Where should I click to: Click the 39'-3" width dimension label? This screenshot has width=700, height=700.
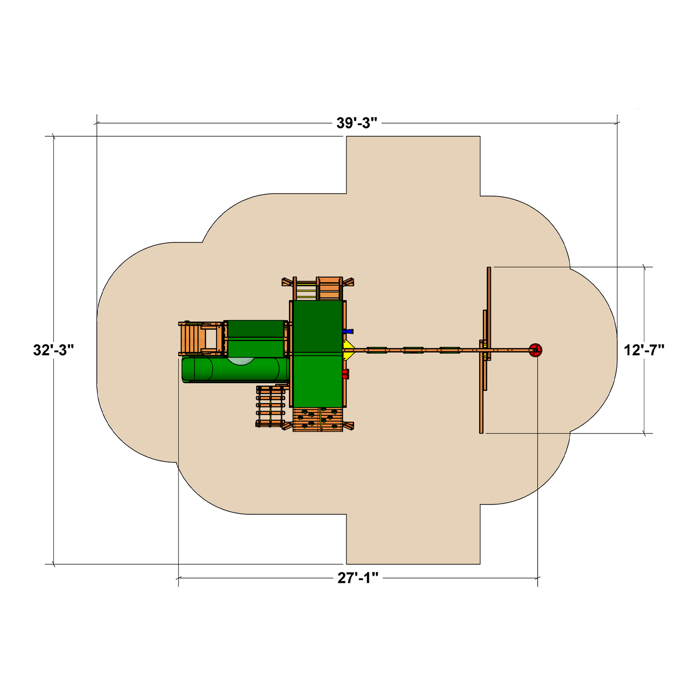[357, 123]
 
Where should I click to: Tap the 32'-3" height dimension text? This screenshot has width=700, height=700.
[54, 350]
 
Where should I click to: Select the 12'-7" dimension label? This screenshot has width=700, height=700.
[644, 350]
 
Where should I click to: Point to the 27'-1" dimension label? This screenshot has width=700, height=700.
[358, 578]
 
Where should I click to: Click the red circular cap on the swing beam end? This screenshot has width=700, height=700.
[536, 350]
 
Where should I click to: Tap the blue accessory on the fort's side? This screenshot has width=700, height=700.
[348, 331]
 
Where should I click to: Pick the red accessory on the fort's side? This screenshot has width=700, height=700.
[345, 373]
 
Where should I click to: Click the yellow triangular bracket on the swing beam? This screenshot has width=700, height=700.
[348, 350]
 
